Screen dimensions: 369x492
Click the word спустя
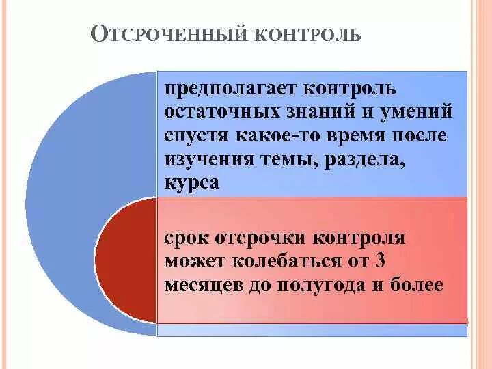[x=193, y=135]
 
